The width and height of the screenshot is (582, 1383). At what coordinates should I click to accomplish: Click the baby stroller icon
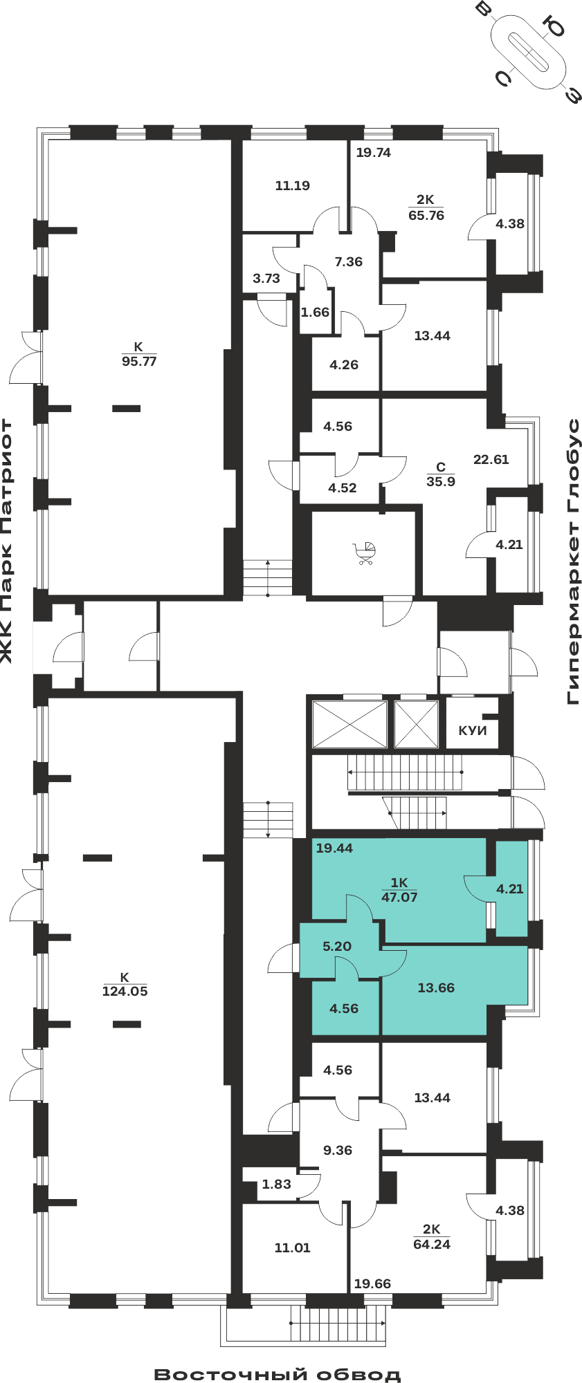pos(365,553)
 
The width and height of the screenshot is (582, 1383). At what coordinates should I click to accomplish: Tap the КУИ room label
pos(473,731)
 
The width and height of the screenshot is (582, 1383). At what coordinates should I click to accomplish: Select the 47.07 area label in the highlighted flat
pos(399,897)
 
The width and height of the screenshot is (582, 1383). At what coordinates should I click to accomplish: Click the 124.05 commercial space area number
pos(125,991)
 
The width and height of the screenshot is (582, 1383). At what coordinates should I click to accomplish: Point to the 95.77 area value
pos(139,361)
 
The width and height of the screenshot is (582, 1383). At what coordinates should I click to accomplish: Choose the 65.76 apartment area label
pos(426,215)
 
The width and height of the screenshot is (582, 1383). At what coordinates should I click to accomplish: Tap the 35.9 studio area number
pos(441,481)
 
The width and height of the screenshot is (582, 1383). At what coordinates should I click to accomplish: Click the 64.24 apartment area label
pos(432,1244)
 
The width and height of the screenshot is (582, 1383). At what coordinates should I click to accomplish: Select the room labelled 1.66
pos(315,312)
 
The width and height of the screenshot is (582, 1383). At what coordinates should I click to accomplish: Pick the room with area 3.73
pos(266,278)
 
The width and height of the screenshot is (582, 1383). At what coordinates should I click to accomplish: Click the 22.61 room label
pos(491,459)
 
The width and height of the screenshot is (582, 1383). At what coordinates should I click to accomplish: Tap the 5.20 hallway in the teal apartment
pos(337,946)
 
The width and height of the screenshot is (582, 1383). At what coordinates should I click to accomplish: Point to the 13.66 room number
pos(436,987)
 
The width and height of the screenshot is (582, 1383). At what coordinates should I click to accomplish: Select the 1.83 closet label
pos(276,1184)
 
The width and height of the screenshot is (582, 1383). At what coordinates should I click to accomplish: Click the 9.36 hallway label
pos(338,1150)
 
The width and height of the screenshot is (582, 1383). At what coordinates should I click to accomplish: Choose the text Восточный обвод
pos(278,1373)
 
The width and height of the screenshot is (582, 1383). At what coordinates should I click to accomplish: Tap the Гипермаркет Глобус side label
pos(574,561)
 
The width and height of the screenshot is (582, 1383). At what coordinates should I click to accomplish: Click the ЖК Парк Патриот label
pos(7,541)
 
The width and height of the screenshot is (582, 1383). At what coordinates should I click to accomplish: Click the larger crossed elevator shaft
pos(349,724)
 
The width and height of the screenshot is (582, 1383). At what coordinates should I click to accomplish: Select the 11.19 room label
pos(292,185)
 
